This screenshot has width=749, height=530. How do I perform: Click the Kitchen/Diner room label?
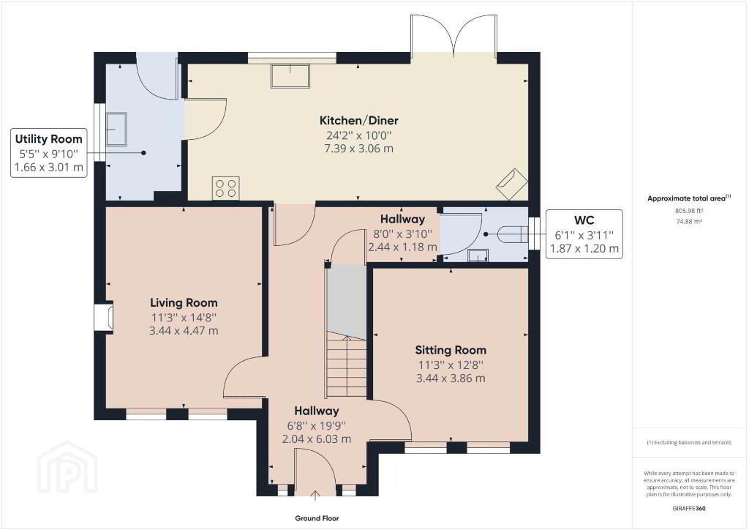[358, 121]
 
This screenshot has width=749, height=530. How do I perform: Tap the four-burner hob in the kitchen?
[226, 188]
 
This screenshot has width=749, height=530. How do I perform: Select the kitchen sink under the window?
[290, 76]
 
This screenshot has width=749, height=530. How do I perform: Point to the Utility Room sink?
[116, 129]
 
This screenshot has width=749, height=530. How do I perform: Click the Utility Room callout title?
[49, 139]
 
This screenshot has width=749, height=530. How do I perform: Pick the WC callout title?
[584, 220]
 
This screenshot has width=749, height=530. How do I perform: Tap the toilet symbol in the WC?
[513, 235]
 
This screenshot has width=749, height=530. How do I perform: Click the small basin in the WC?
[478, 255]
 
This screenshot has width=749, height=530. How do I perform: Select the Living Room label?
[184, 302]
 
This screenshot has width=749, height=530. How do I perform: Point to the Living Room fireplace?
[105, 316]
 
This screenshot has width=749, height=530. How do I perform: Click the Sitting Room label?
[451, 351]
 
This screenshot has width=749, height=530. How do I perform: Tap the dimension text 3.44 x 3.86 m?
[451, 378]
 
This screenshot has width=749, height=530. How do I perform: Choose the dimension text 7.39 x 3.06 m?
[358, 149]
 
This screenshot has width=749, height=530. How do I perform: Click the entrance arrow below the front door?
[315, 496]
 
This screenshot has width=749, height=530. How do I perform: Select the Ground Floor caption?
[317, 518]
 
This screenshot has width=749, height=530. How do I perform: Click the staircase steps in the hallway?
[347, 365]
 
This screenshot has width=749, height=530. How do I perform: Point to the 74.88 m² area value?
[689, 221]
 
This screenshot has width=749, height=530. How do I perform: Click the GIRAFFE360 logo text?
[689, 509]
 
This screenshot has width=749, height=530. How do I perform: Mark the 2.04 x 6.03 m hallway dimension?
[317, 439]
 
